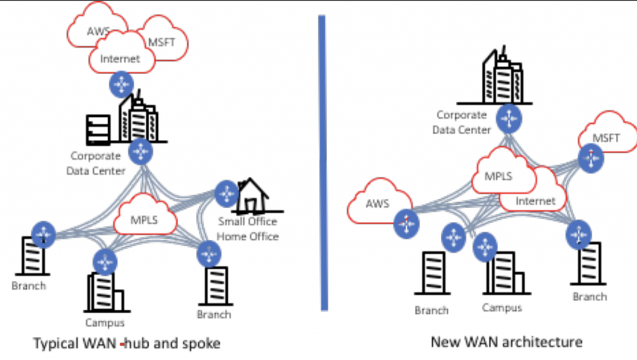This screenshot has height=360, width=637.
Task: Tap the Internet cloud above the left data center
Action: pyautogui.click(x=121, y=58)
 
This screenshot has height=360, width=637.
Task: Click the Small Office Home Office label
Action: pyautogui.click(x=248, y=229)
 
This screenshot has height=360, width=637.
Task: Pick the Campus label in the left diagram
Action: pyautogui.click(x=105, y=322)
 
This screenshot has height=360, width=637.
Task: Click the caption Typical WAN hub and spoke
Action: pyautogui.click(x=126, y=343)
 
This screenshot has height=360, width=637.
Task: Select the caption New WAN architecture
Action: pyautogui.click(x=506, y=341)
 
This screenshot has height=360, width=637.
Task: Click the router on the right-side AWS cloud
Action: pyautogui.click(x=405, y=221)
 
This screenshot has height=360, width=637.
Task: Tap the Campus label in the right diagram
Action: pyautogui.click(x=502, y=307)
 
